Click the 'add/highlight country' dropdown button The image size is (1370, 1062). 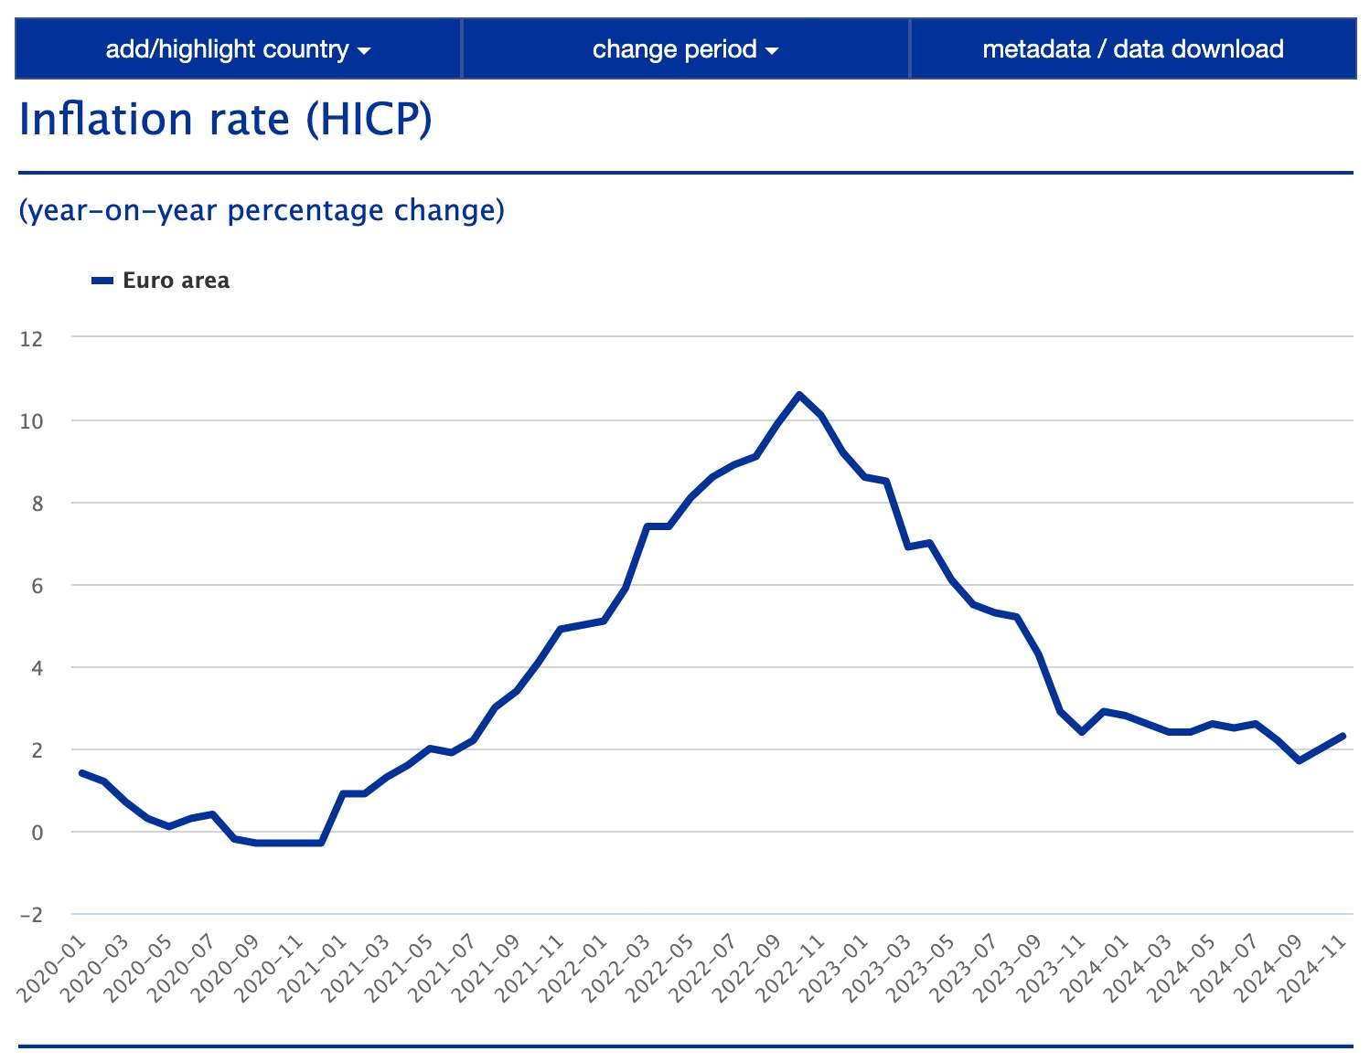click(x=238, y=49)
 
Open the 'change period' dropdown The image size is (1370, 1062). click(x=685, y=49)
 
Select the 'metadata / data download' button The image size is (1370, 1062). click(x=1132, y=49)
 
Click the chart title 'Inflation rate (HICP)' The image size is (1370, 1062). click(x=225, y=120)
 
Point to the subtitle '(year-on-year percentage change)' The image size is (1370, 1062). click(x=262, y=210)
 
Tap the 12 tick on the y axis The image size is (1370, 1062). click(x=31, y=339)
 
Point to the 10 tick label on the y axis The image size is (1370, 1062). click(x=31, y=421)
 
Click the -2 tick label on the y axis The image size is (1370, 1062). click(x=31, y=915)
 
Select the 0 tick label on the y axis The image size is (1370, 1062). click(x=37, y=833)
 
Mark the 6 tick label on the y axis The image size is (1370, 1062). click(x=37, y=586)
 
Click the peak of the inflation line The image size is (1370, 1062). click(x=799, y=395)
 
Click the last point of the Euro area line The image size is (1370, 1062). click(x=1343, y=736)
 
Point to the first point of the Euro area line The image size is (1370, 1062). click(x=82, y=773)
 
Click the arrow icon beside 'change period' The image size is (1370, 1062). click(x=772, y=51)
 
